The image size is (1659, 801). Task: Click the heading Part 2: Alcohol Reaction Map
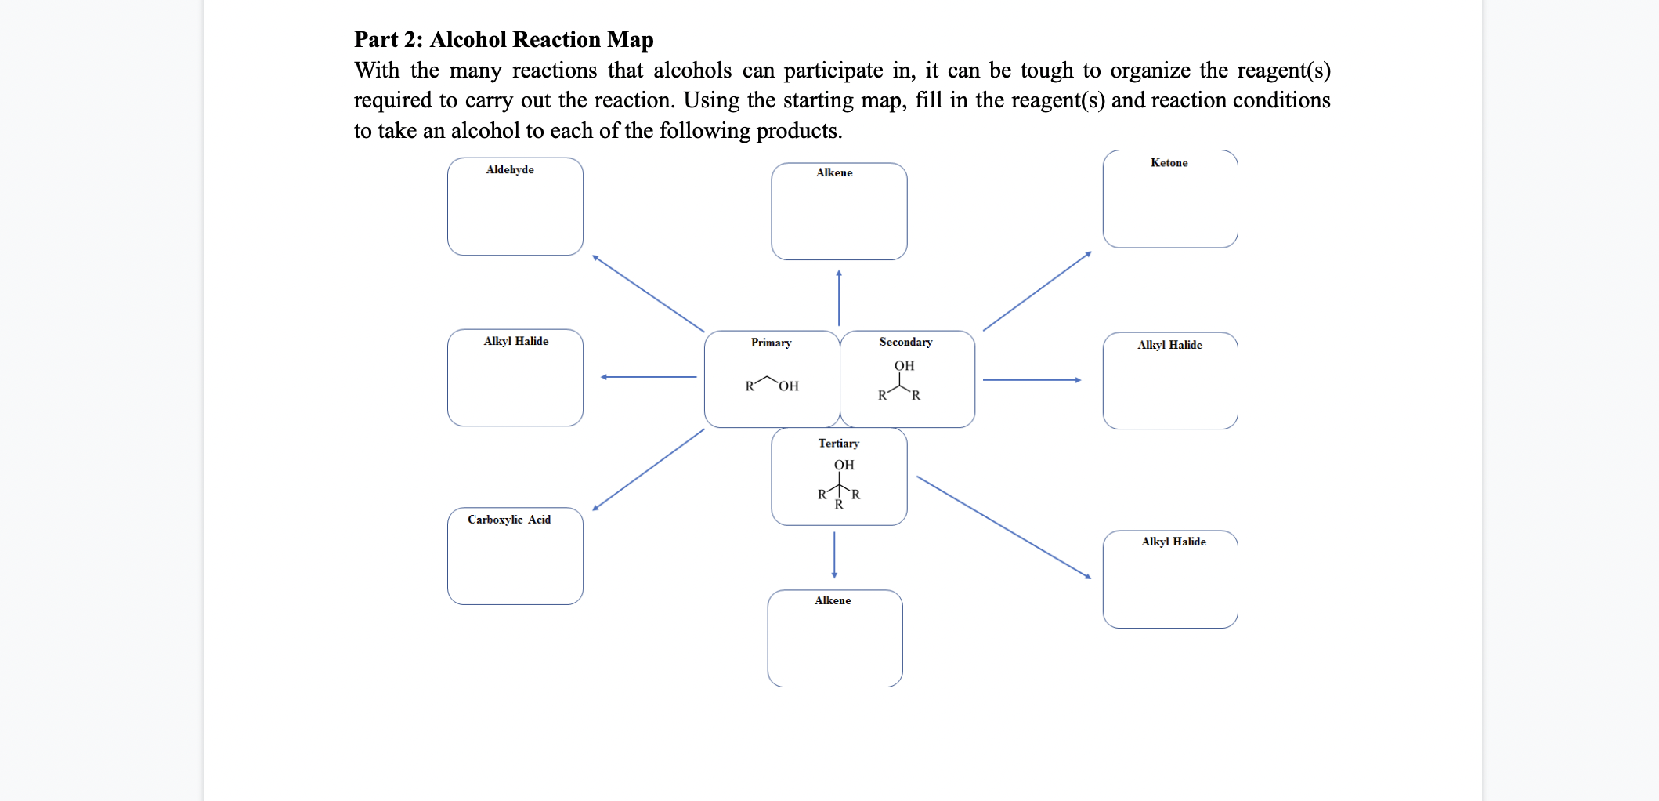504,39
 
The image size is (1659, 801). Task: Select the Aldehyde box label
510,169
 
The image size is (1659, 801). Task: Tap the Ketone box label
1169,162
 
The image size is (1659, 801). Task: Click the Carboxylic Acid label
509,520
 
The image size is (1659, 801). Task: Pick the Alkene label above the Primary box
834,172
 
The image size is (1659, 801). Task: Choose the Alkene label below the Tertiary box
833,600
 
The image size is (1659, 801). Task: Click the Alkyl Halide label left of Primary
515,341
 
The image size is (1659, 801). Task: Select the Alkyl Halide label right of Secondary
1169,345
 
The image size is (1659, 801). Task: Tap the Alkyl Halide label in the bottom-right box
1173,542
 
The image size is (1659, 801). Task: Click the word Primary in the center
771,343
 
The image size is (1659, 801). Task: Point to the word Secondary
905,342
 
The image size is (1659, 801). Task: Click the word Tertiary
838,443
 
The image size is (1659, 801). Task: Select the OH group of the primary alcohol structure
789,386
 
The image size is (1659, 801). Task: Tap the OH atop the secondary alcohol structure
904,366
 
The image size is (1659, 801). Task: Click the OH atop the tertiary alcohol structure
844,465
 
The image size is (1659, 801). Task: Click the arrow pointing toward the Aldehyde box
648,293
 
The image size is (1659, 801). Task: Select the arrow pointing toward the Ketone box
1037,291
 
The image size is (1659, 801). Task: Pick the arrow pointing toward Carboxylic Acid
649,469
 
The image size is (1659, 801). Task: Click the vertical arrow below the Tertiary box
834,555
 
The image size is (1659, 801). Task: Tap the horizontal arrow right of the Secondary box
1032,380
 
